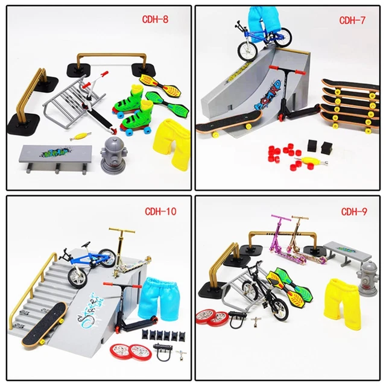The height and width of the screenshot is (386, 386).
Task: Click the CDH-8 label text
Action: (156, 19)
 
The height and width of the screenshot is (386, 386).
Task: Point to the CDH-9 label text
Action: (353, 211)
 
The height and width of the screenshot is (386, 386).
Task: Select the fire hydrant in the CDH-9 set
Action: (367, 278)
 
